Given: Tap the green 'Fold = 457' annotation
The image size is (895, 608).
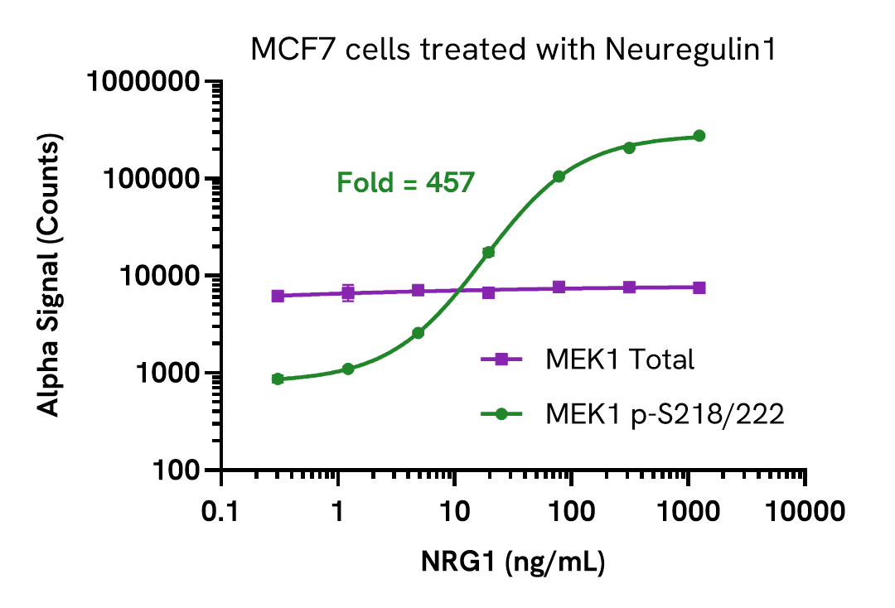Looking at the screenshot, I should (x=405, y=182).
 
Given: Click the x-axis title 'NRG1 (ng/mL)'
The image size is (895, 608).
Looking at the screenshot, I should (x=513, y=562).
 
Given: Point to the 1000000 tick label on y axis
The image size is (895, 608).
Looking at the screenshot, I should (x=146, y=82).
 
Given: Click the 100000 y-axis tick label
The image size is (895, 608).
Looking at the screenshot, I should (x=152, y=179).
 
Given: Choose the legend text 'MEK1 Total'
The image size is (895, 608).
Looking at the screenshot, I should (x=619, y=359).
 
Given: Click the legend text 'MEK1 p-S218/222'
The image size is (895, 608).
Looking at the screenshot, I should (x=664, y=413).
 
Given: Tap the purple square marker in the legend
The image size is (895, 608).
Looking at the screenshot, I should (x=501, y=359).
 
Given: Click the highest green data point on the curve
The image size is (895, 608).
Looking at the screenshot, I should (x=699, y=136).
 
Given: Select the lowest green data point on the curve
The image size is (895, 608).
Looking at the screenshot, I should (x=278, y=379).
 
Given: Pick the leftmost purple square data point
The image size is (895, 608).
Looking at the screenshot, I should (x=278, y=296).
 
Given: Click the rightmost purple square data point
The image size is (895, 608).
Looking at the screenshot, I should (x=699, y=287).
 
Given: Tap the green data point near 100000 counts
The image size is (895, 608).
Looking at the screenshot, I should (x=559, y=176).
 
